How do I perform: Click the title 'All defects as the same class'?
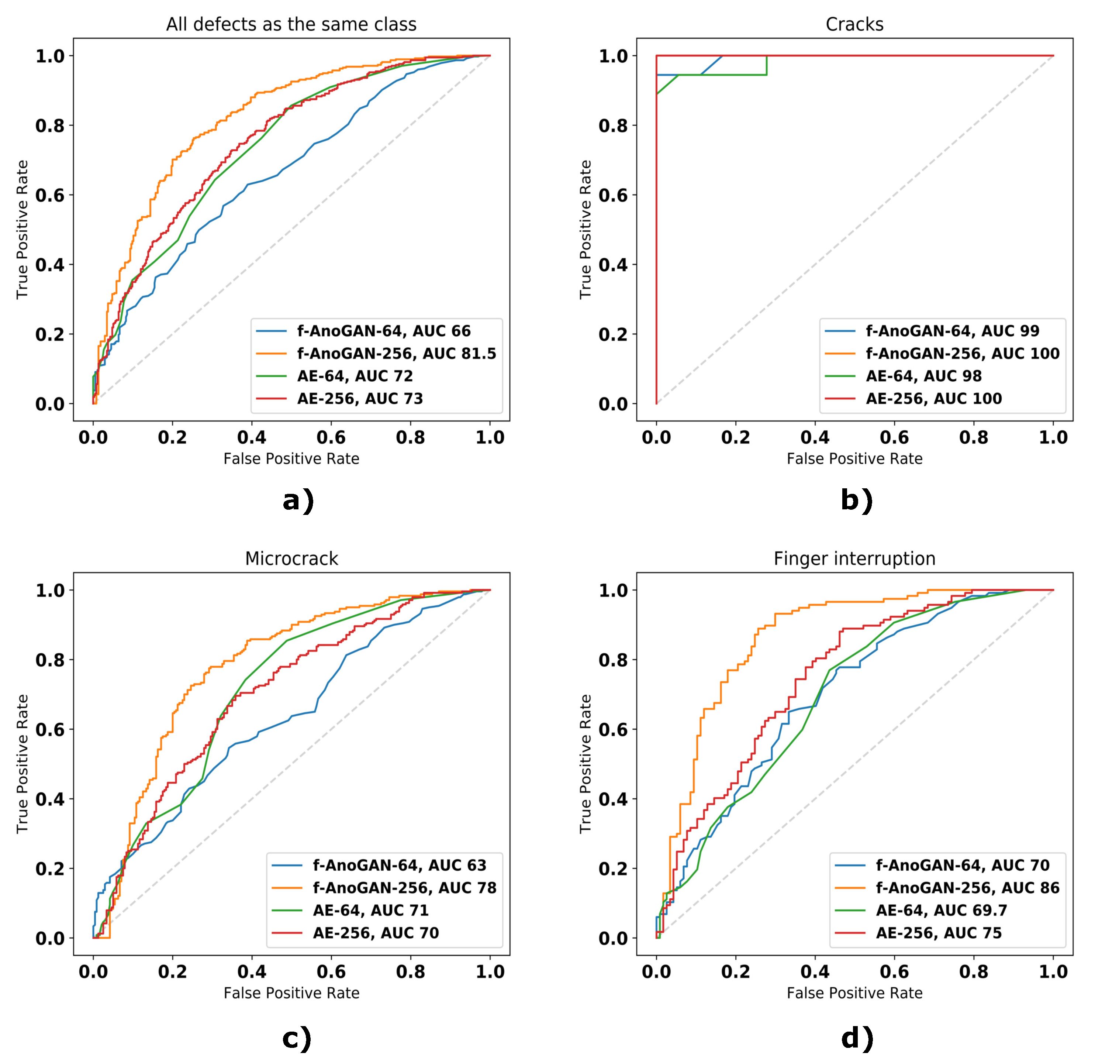(x=291, y=25)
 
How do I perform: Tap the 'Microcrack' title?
(x=291, y=559)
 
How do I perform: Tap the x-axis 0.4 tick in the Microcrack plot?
(x=252, y=972)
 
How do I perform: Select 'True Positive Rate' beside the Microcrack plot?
(x=23, y=764)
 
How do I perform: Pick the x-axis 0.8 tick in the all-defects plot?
(x=411, y=438)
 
